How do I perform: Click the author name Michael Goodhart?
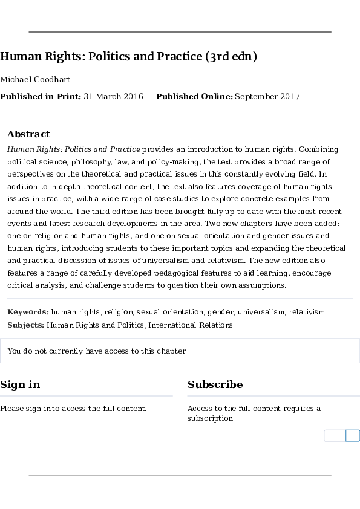pos(35,80)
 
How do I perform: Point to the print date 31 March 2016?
pos(113,97)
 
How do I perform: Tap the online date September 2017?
pos(267,97)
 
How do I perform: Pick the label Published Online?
pos(194,97)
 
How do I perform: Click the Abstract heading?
pos(28,134)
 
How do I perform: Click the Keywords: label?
pos(28,312)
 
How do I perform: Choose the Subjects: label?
pos(26,325)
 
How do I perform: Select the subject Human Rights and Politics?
pos(96,325)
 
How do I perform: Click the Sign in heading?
pos(20,384)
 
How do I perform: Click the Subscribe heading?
pos(215,384)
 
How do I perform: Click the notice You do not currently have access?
pos(97,351)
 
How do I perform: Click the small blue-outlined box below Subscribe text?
pos(352,436)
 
